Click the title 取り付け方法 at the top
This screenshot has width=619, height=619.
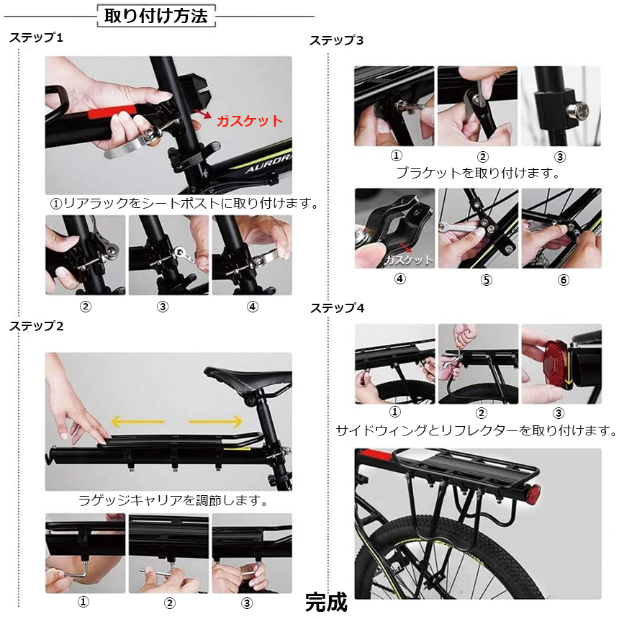tap(156, 16)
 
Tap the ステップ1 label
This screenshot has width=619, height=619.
tap(37, 38)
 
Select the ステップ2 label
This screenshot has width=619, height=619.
tap(37, 326)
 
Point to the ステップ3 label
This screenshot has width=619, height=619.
tap(337, 40)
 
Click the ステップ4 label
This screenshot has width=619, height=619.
tap(337, 308)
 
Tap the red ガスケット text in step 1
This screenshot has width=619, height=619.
tap(250, 121)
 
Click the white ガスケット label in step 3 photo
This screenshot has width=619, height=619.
tap(409, 259)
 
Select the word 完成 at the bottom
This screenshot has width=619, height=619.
tap(326, 601)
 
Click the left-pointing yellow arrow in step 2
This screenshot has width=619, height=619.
tap(137, 421)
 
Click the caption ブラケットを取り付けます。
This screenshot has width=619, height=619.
tap(478, 173)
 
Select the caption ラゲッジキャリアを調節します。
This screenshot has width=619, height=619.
tap(173, 500)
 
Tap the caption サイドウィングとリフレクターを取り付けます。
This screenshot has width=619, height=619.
tap(476, 431)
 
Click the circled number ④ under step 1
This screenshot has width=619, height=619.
tap(253, 306)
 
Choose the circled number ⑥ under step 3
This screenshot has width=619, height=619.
tap(564, 279)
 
